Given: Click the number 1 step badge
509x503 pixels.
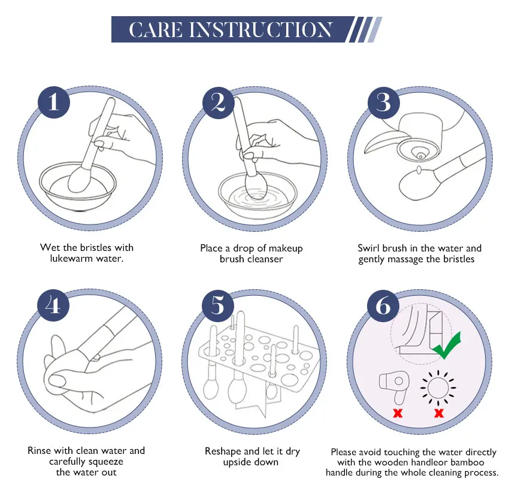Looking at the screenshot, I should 54,102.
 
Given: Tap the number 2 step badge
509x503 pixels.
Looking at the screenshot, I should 219,102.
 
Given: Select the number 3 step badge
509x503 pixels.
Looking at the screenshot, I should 383,102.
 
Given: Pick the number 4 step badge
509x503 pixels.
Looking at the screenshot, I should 54,305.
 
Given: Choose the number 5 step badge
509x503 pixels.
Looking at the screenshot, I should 219,305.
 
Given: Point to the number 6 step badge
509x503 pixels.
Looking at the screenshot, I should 383,305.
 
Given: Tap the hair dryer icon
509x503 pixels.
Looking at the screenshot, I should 396,387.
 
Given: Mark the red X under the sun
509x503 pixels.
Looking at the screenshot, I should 439,413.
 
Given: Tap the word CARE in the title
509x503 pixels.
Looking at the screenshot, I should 157,29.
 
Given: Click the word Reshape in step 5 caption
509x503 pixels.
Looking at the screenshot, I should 223,451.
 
